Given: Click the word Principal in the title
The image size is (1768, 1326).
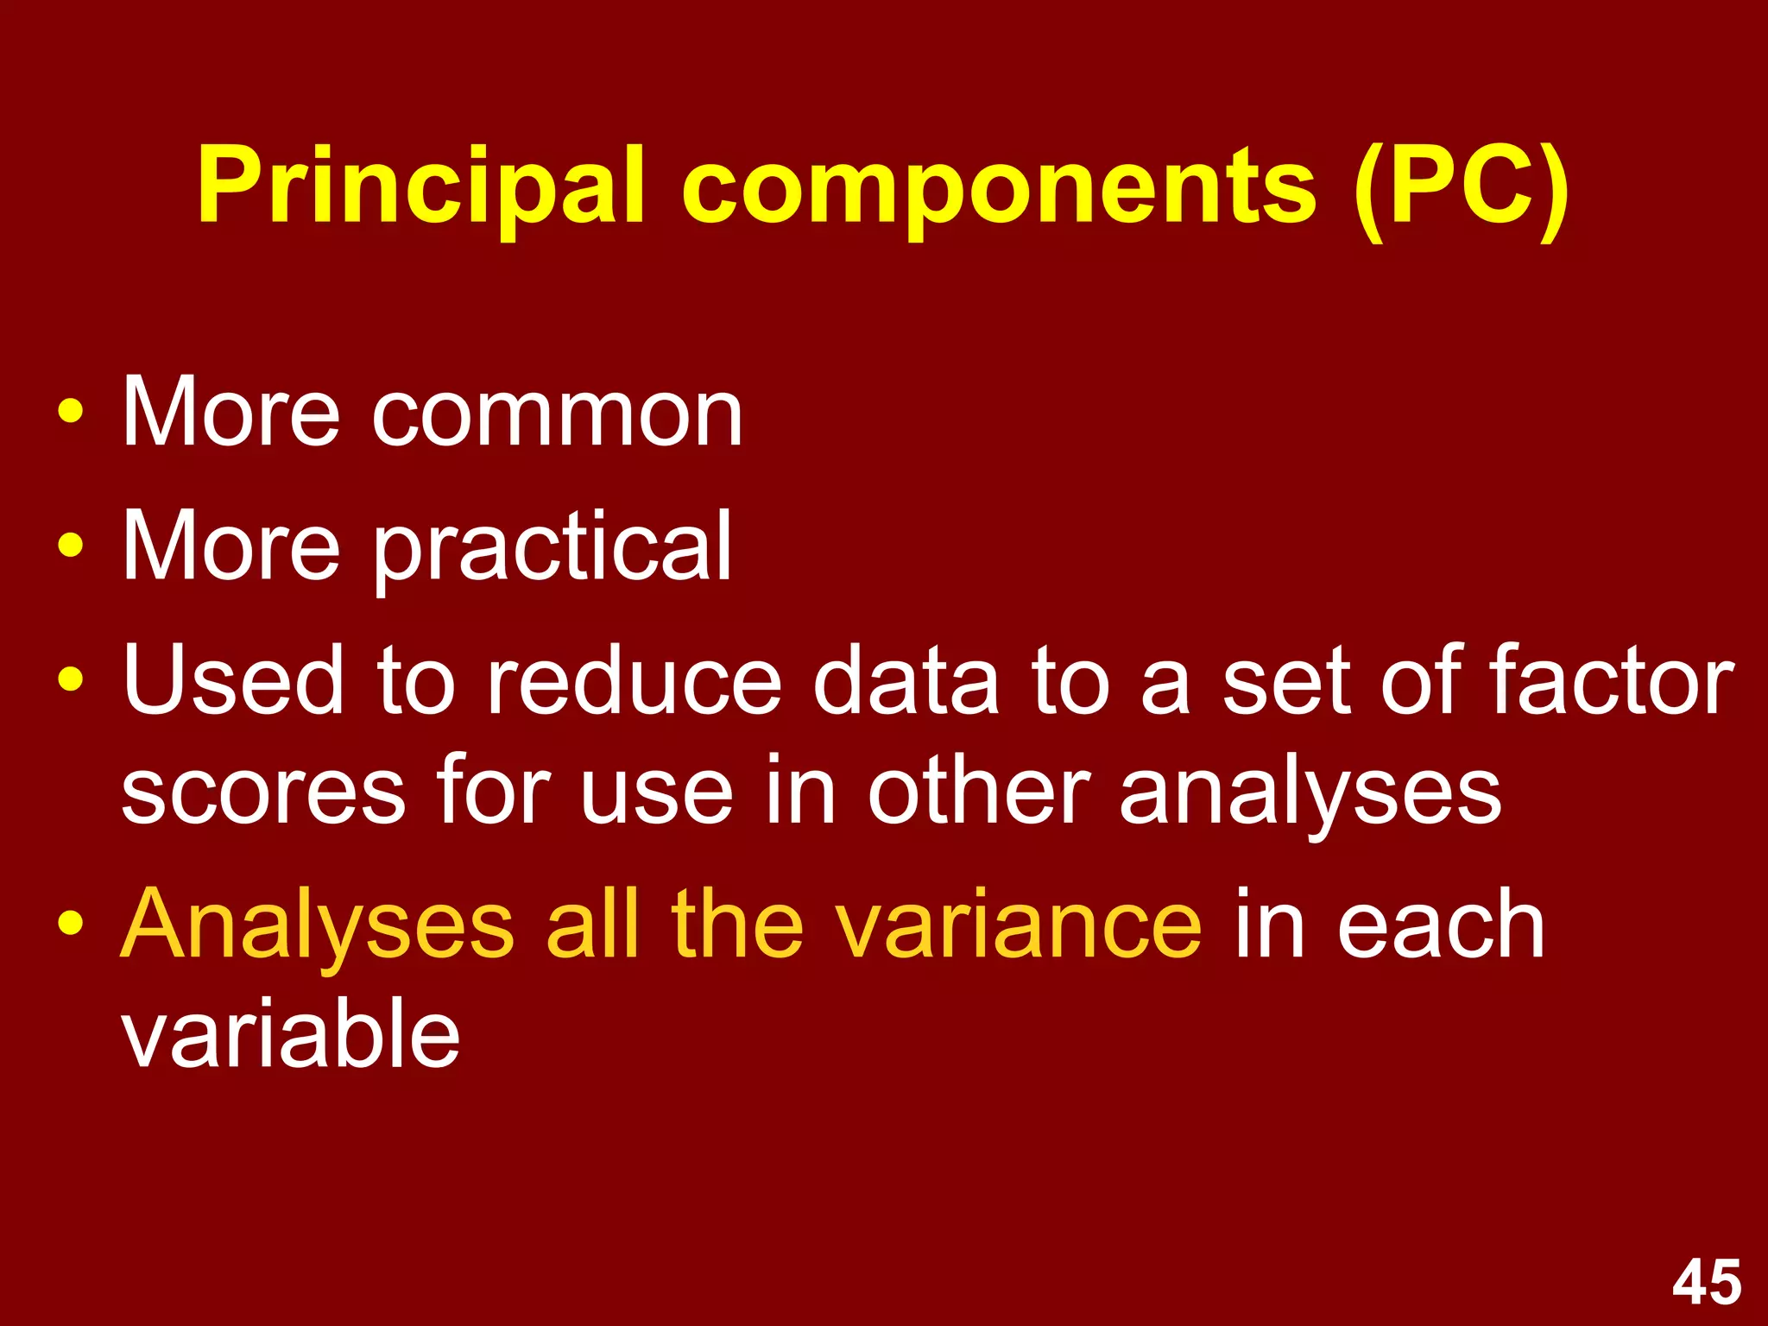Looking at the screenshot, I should point(420,186).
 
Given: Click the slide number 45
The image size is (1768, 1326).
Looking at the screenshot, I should point(1707,1282).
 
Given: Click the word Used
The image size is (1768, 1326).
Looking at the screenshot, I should point(233,679).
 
